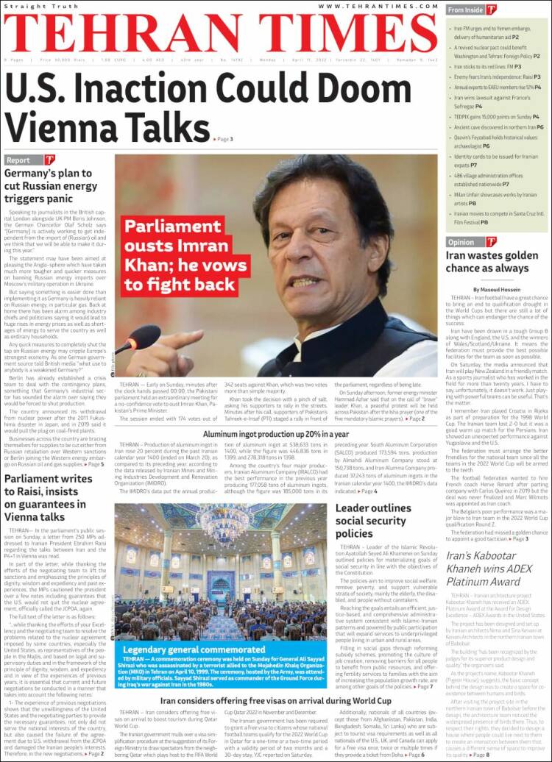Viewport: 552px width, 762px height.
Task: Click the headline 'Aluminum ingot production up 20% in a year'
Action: [276, 435]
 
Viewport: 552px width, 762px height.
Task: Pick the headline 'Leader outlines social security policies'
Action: [373, 520]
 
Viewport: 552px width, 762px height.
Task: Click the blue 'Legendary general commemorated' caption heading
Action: [183, 649]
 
